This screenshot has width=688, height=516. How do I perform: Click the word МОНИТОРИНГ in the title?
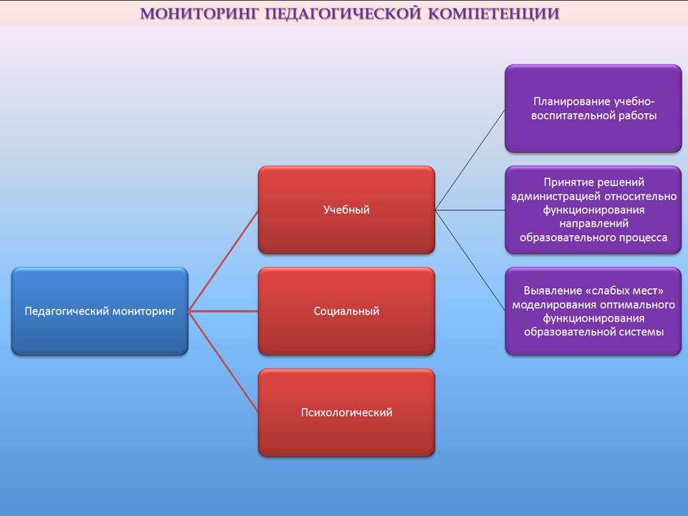(200, 14)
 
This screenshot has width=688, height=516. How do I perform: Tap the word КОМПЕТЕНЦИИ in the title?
(494, 14)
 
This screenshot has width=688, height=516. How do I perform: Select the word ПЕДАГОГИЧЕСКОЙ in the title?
(343, 14)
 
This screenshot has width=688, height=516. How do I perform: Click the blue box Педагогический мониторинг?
(100, 311)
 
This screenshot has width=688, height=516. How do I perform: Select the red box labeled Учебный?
(347, 210)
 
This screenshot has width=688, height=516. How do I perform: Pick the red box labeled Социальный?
(347, 311)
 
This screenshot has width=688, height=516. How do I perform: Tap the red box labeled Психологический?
(347, 413)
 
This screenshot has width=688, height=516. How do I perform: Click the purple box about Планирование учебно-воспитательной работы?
(593, 108)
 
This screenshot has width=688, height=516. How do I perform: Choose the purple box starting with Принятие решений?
(593, 210)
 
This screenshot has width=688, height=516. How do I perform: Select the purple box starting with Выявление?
(593, 311)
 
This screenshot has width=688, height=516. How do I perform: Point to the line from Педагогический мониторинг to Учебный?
(224, 261)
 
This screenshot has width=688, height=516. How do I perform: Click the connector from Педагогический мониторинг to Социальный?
(224, 311)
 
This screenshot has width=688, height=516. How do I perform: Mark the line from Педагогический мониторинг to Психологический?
(224, 361)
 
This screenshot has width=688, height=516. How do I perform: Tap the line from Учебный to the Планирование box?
(470, 159)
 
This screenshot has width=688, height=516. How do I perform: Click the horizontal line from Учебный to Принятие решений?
(470, 210)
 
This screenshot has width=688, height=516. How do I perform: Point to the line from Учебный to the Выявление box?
(470, 261)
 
